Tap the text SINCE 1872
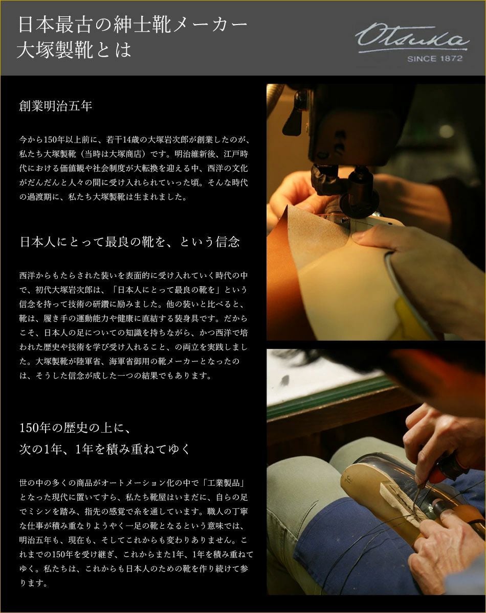[x=435, y=59]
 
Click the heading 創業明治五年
[x=56, y=106]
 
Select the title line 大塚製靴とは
[x=74, y=51]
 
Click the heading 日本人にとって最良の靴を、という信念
[x=129, y=242]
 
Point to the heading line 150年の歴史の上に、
[x=75, y=428]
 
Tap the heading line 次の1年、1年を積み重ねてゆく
[x=104, y=449]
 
